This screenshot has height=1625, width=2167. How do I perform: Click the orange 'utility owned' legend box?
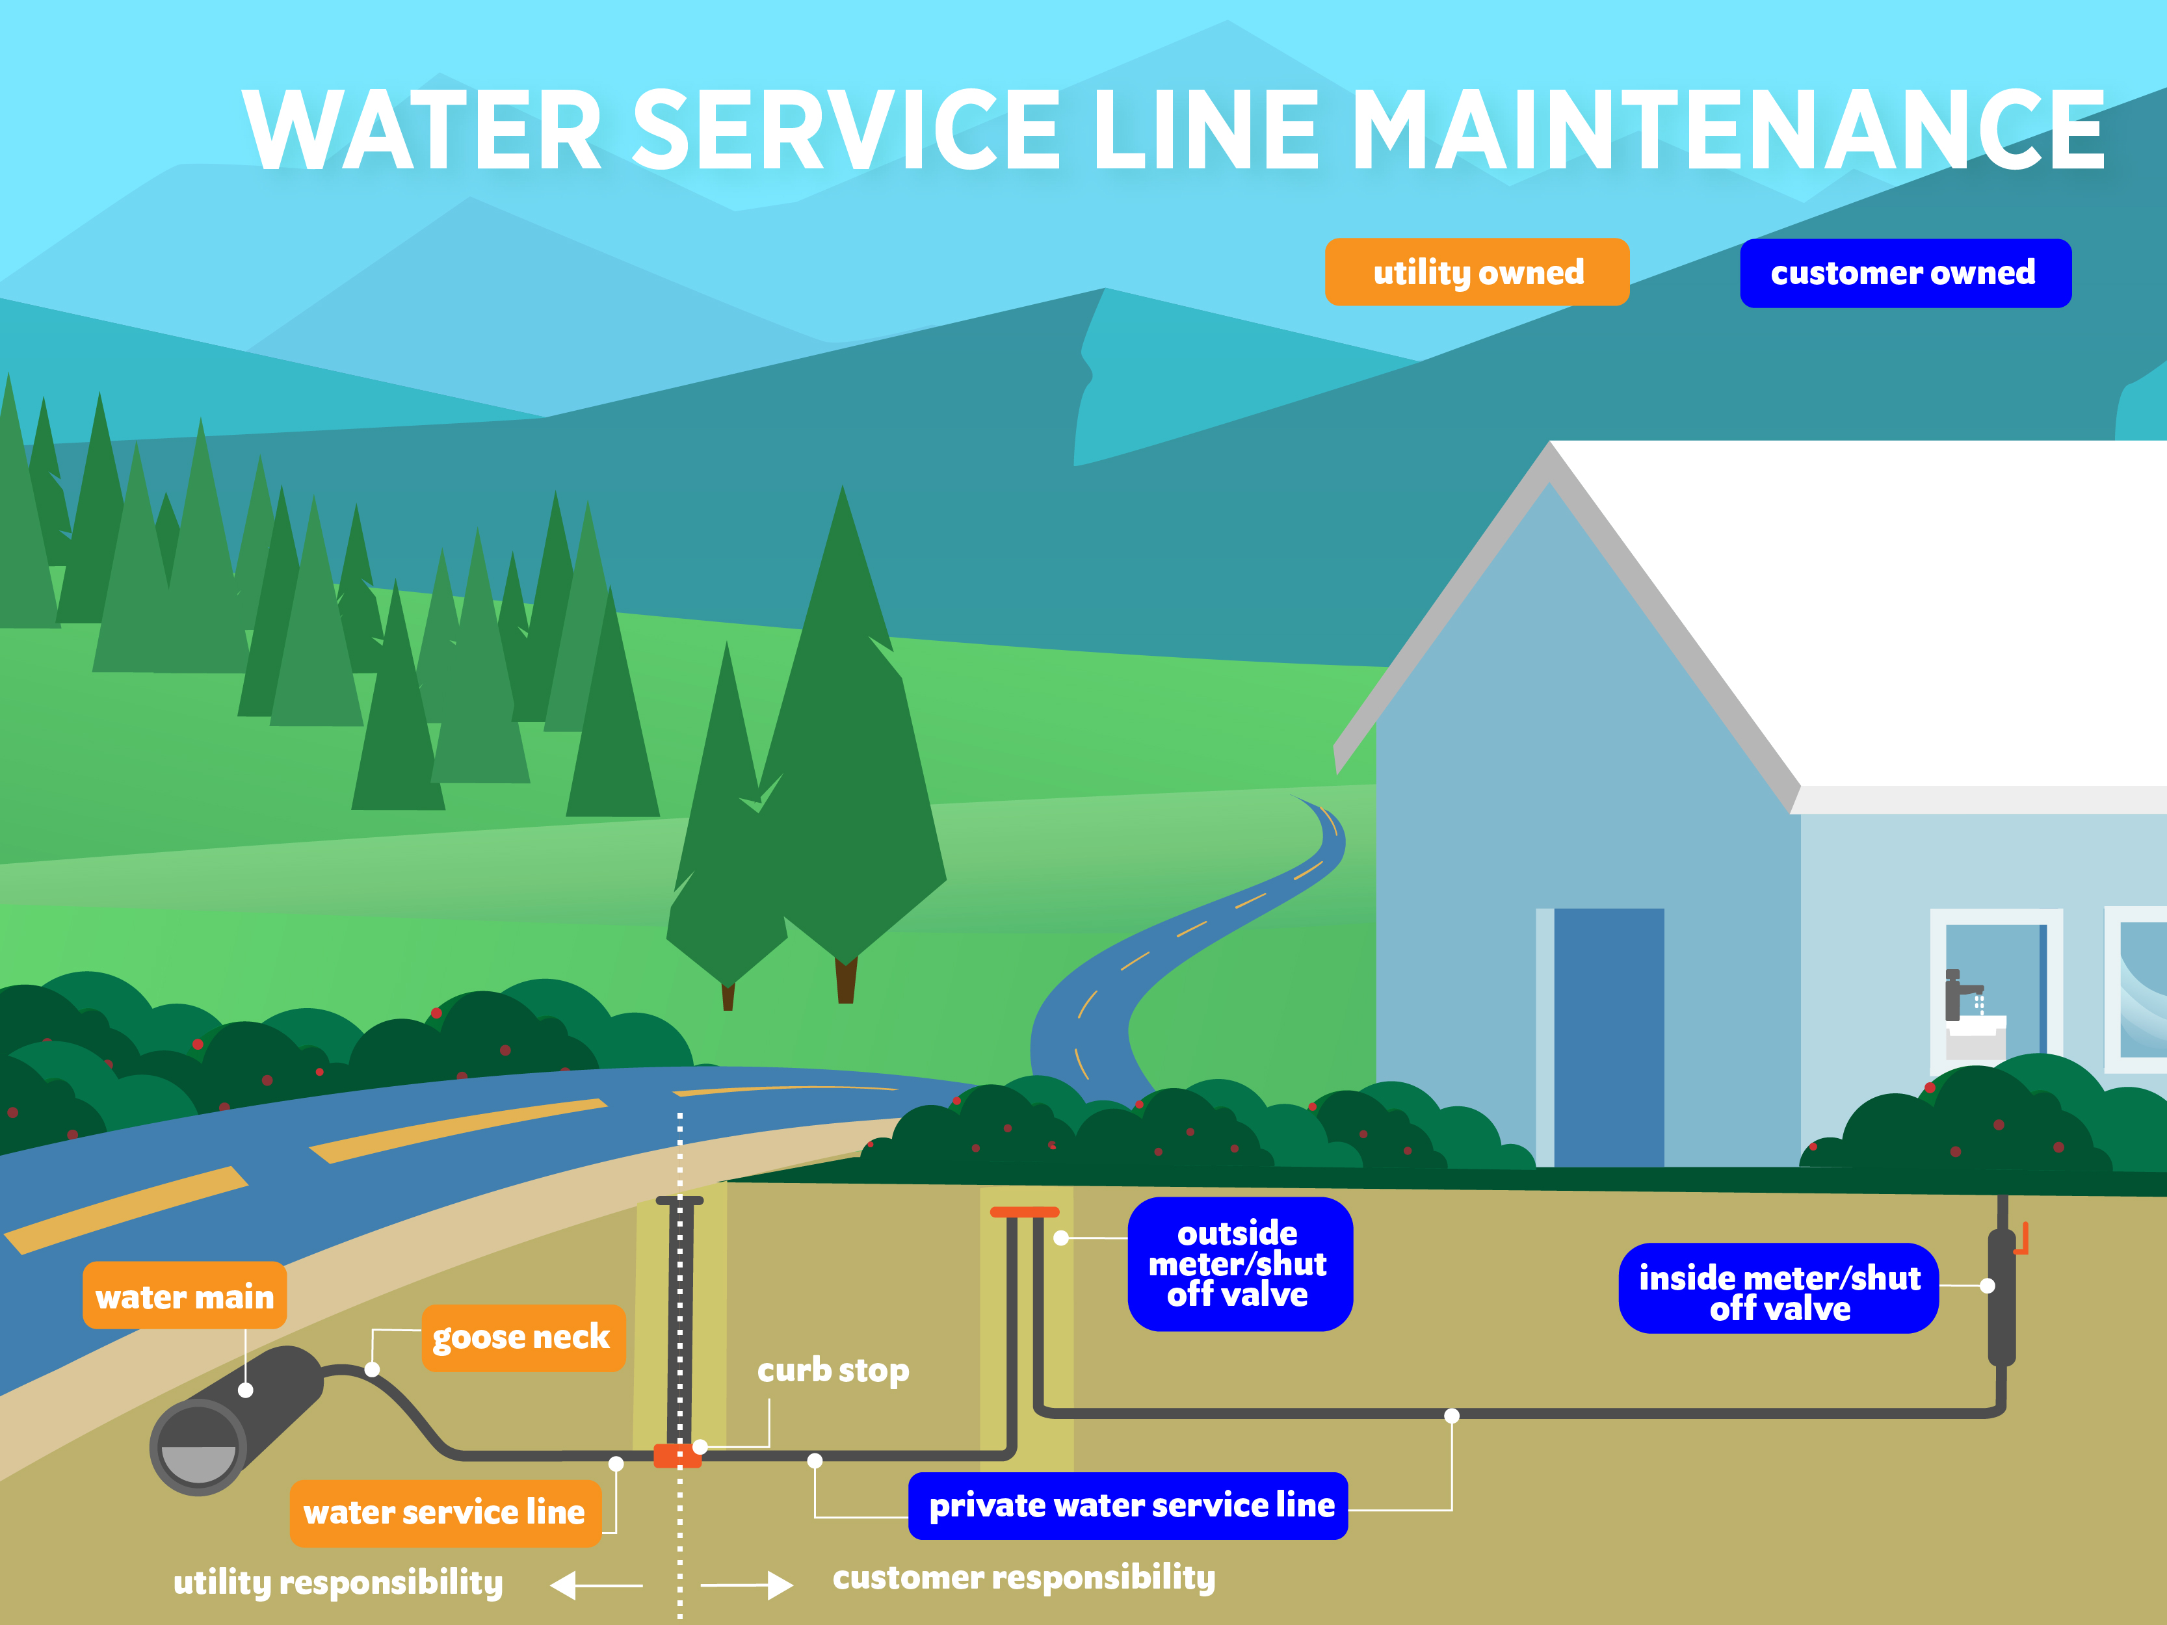tap(1477, 272)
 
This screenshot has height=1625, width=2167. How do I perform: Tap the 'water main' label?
tap(184, 1296)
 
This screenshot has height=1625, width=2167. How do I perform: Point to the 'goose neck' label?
tap(522, 1337)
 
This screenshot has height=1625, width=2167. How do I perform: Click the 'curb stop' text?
tap(833, 1370)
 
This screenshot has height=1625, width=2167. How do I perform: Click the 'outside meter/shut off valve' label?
tap(1239, 1264)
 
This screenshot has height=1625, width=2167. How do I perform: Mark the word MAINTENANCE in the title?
tap(1728, 130)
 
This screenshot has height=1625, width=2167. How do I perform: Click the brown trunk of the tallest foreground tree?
tap(845, 980)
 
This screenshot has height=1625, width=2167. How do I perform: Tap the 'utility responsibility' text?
tap(338, 1583)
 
